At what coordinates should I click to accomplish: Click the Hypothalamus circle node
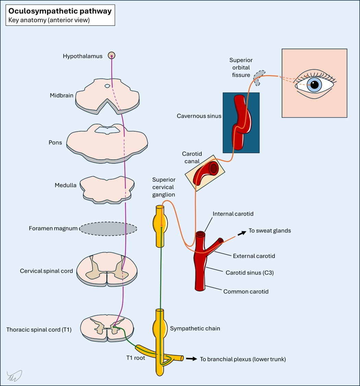111,55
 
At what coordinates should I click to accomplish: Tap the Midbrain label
61,95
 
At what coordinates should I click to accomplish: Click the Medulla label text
65,185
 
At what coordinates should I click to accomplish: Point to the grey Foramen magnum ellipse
108,229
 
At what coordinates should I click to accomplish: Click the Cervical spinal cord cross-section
107,269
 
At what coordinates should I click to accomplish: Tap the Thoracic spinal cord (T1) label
39,330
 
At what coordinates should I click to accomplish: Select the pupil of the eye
314,84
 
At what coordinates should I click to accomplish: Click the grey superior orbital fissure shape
259,78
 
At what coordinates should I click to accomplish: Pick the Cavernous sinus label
199,116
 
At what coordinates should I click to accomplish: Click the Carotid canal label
192,157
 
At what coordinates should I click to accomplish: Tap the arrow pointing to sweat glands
242,233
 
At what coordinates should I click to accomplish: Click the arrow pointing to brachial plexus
191,359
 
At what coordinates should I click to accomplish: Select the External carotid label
254,256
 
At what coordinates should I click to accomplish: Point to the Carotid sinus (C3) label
250,273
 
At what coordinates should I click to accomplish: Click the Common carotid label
246,291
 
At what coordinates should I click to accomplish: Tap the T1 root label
135,358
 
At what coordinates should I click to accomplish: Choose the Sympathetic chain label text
195,328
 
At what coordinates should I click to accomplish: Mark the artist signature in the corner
14,376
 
